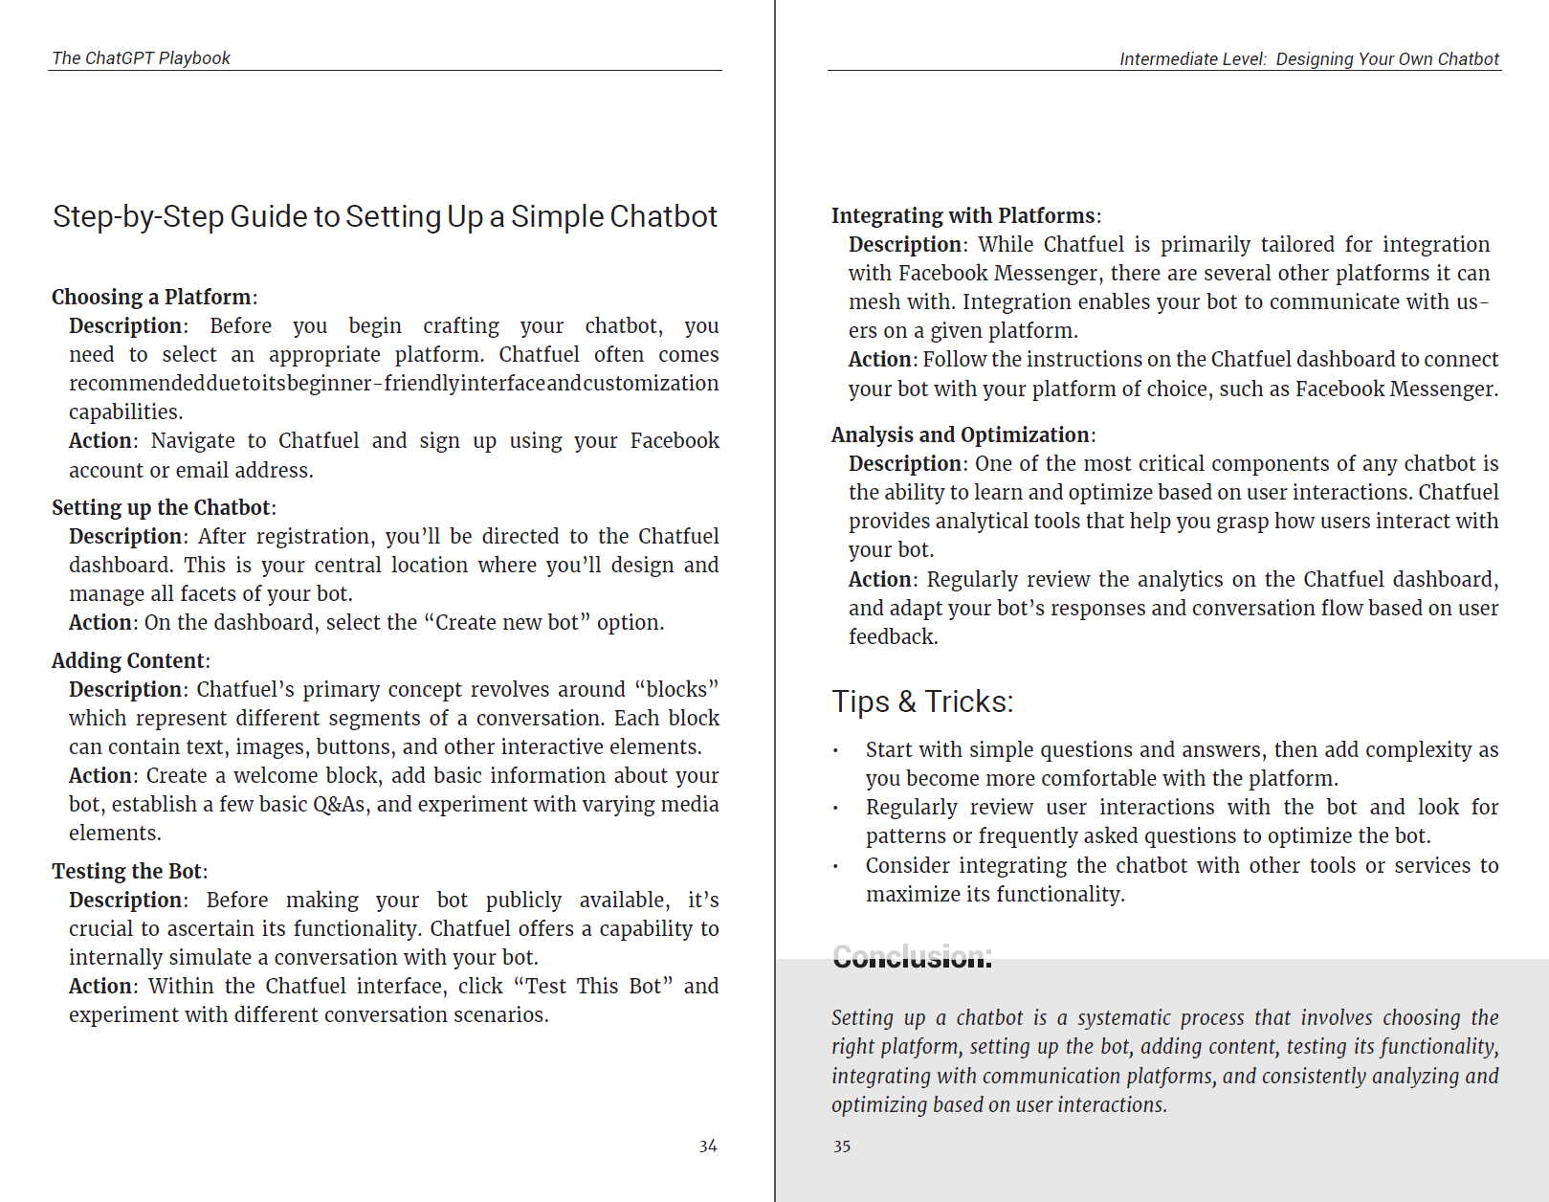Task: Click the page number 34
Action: coord(708,1146)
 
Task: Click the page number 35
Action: coord(842,1146)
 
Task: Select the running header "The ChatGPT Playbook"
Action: coord(141,58)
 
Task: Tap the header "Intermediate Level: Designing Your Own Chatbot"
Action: coord(1309,59)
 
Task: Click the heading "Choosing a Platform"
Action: coord(151,297)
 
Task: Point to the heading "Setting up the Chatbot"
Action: coord(161,507)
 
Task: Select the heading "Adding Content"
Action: coord(127,660)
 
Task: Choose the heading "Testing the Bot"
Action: coord(126,871)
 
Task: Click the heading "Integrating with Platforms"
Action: coord(963,215)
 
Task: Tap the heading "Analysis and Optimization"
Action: coord(960,434)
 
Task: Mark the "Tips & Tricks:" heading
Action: coord(921,701)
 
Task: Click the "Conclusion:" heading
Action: coord(912,956)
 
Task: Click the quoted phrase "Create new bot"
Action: coord(507,622)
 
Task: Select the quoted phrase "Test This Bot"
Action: coord(593,986)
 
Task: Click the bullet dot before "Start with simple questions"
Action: coord(835,751)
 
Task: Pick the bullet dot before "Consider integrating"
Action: coord(835,867)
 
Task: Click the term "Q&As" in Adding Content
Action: coord(340,804)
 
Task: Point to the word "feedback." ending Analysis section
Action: coord(893,636)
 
